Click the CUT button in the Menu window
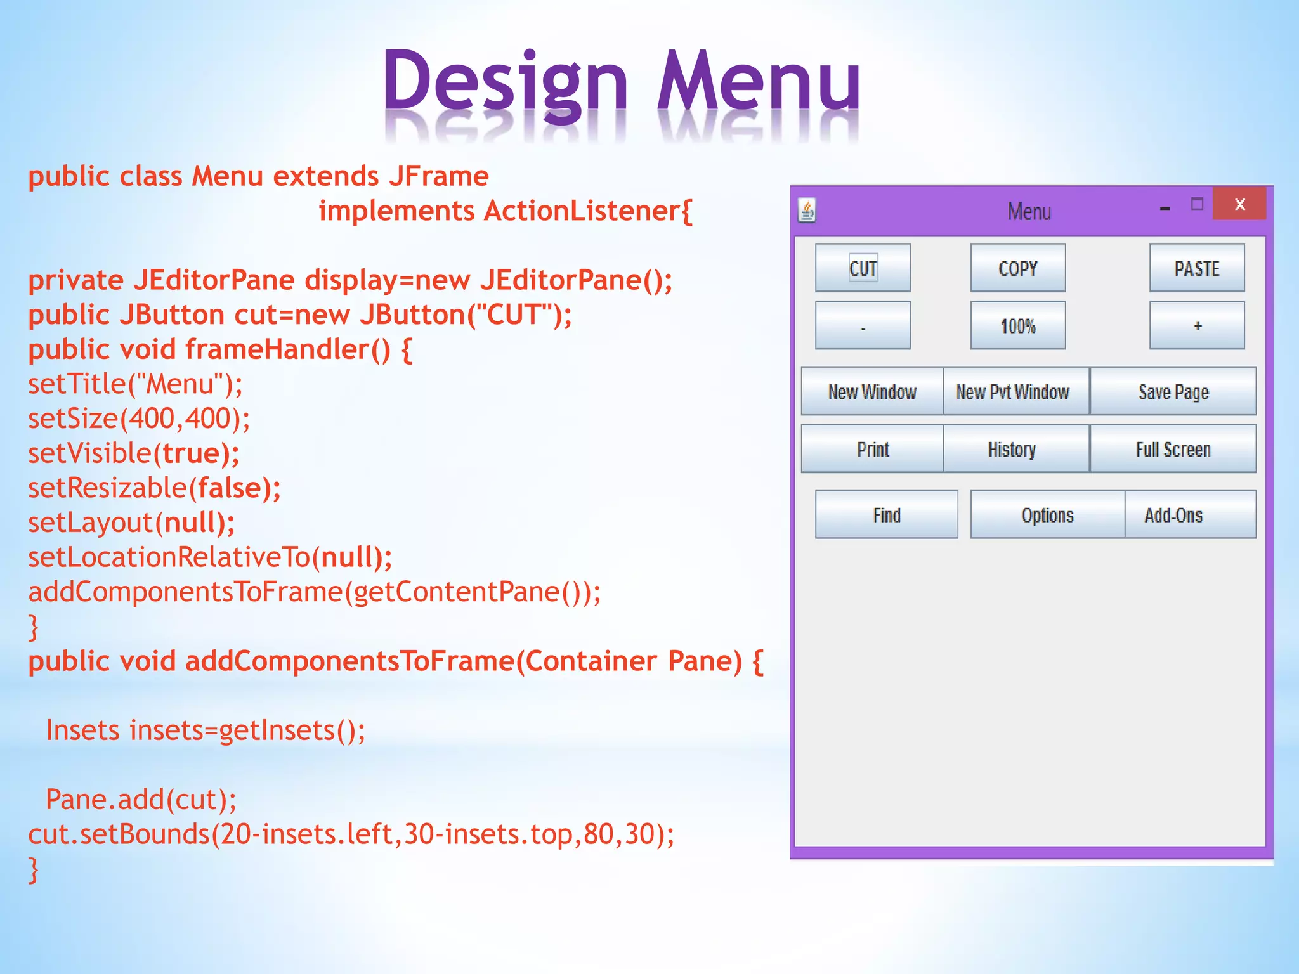click(x=863, y=268)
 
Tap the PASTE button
click(x=1197, y=268)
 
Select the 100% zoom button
click(x=1017, y=326)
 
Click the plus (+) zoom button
click(x=1197, y=326)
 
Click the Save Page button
click(x=1173, y=392)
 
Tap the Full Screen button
click(x=1173, y=450)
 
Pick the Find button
click(x=886, y=515)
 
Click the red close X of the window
click(x=1239, y=204)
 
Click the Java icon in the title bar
click(x=807, y=211)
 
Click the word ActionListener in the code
click(x=582, y=211)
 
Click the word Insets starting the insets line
click(x=83, y=730)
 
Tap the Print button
click(x=873, y=450)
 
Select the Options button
click(x=1047, y=515)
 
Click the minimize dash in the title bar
click(x=1165, y=208)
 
